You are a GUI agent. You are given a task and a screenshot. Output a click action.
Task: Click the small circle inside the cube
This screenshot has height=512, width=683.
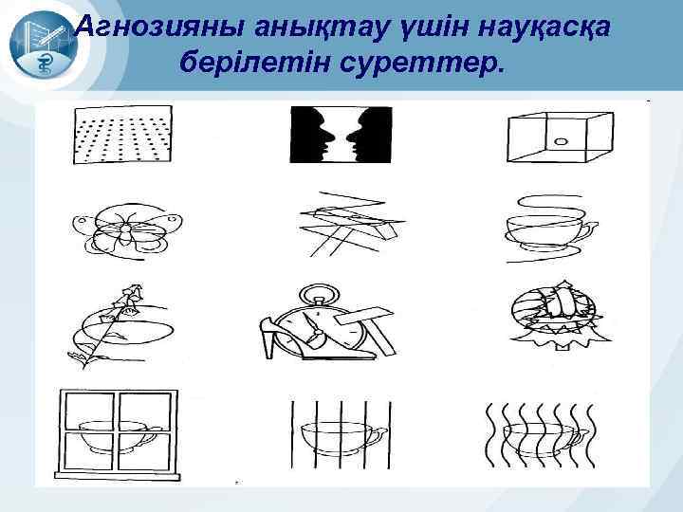561,142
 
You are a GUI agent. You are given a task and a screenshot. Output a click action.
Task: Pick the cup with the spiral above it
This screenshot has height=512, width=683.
547,228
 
